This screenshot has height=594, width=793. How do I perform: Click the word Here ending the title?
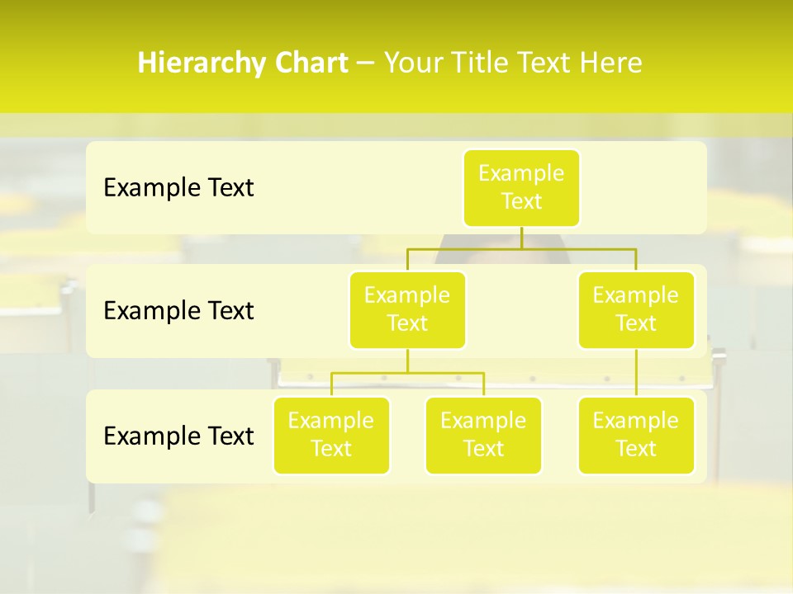click(612, 64)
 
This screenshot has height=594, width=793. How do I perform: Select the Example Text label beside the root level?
click(178, 187)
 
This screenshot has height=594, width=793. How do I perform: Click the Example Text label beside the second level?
click(178, 310)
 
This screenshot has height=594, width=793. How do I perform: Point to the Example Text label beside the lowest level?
click(178, 436)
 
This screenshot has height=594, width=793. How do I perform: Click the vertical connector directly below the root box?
click(521, 238)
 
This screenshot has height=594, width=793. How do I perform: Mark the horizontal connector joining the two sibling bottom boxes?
click(407, 373)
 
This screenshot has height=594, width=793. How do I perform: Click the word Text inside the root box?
click(521, 202)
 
